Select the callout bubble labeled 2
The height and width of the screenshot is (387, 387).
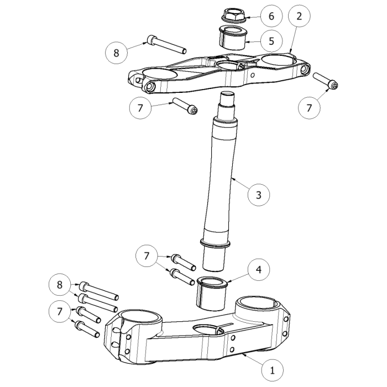click(x=299, y=16)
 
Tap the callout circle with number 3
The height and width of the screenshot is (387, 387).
click(x=259, y=194)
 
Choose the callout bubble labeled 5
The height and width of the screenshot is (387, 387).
click(x=271, y=41)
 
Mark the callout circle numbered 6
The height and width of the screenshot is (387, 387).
click(x=271, y=16)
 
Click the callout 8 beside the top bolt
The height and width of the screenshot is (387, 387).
click(x=116, y=53)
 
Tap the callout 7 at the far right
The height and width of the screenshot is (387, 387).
click(x=309, y=108)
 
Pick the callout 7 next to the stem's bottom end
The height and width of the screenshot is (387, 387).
click(x=147, y=255)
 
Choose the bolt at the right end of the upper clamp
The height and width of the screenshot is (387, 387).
click(x=326, y=81)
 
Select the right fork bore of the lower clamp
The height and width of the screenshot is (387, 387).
click(x=259, y=305)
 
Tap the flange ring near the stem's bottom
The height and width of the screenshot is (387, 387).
click(x=215, y=243)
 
